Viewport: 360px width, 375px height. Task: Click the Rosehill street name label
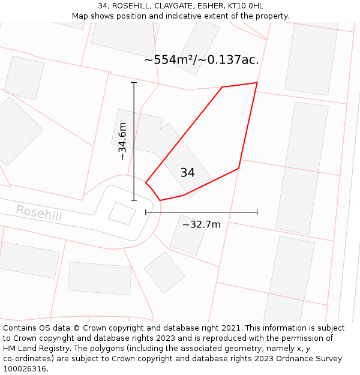pos(38,212)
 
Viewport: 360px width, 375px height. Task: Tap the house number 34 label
pos(187,173)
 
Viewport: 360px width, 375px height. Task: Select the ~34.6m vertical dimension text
pos(122,142)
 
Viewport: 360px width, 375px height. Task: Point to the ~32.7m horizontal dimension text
pos(201,224)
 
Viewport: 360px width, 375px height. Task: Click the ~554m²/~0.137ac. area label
pos(201,60)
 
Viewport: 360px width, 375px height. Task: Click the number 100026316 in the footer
pos(24,368)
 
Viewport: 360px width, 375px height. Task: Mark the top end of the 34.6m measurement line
pos(134,83)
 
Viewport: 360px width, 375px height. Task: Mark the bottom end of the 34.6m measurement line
pos(134,200)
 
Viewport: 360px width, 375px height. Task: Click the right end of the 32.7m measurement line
pos(257,212)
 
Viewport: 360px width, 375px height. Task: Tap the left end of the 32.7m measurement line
pos(146,212)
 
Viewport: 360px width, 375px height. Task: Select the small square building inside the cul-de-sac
pos(122,213)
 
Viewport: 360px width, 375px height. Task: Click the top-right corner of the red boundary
pos(257,83)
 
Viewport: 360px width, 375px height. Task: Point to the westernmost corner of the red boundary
pos(146,182)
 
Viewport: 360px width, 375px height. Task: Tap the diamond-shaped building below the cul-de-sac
pos(164,272)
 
